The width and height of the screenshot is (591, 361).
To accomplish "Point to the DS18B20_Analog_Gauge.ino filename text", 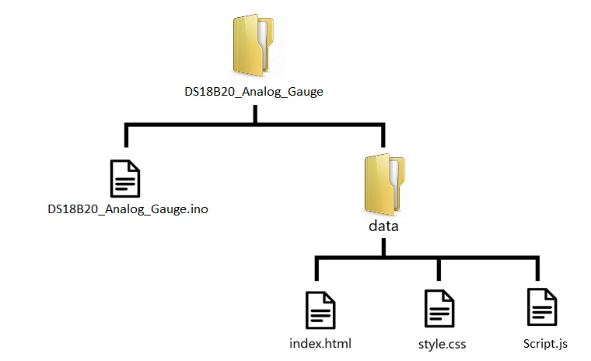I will (128, 209).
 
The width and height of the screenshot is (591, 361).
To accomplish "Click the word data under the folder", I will (383, 226).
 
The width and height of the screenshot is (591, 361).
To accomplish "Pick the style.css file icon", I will (439, 310).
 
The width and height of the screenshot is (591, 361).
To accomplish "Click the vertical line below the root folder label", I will (255, 113).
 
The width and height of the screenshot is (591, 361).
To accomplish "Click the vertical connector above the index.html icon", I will (315, 269).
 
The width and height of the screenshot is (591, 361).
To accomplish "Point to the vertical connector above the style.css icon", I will (439, 269).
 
